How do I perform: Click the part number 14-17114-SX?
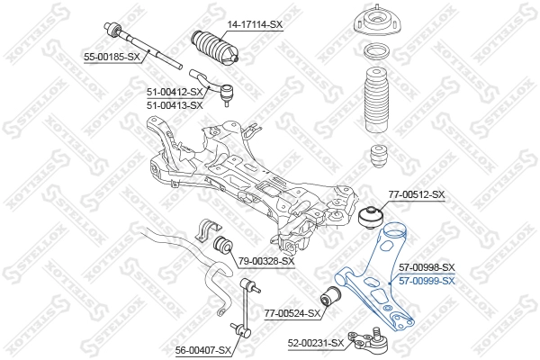pyautogui.click(x=255, y=24)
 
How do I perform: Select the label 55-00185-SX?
pyautogui.click(x=112, y=57)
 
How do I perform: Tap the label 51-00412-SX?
pyautogui.click(x=175, y=91)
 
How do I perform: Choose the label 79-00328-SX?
pyautogui.click(x=266, y=261)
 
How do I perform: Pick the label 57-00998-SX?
pyautogui.click(x=427, y=267)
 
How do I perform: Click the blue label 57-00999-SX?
pyautogui.click(x=427, y=280)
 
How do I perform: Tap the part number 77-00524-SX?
pyautogui.click(x=292, y=313)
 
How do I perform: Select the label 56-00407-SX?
pyautogui.click(x=203, y=349)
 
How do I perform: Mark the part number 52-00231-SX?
pyautogui.click(x=316, y=343)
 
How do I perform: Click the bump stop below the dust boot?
pyautogui.click(x=379, y=157)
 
